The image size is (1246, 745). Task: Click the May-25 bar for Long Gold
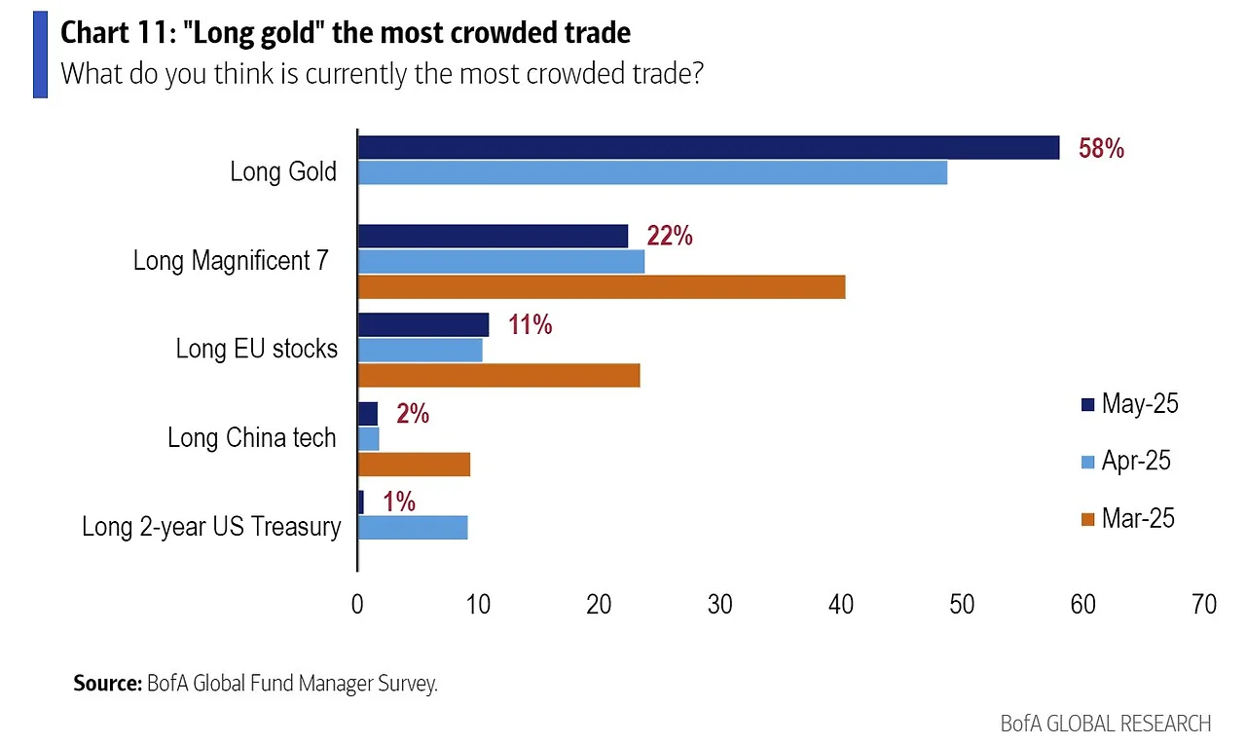708,147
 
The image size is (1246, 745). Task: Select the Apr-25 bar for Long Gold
652,172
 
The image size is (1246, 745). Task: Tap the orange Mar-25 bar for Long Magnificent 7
601,286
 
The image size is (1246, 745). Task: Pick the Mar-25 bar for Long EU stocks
498,375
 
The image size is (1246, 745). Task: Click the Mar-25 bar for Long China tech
414,465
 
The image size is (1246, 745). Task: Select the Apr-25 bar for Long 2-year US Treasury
413,527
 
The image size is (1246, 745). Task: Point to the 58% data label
1101,149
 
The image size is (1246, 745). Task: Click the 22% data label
669,236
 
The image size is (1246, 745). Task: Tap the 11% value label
530,325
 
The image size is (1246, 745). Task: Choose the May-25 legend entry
1129,404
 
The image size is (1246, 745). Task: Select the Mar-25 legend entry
1128,518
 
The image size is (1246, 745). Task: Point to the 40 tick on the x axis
841,605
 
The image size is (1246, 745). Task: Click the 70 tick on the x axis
1204,605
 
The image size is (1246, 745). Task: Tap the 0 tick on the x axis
357,605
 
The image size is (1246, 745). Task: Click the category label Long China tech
251,437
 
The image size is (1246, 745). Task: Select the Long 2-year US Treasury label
211,527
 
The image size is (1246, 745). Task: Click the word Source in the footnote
107,684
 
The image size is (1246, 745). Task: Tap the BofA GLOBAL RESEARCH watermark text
1105,724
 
